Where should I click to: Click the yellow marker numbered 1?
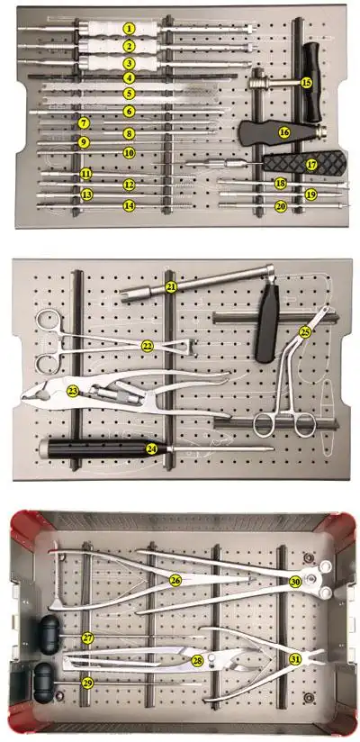(130, 30)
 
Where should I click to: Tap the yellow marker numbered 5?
(130, 94)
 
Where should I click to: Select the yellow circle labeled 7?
(83, 122)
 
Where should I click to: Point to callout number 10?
(130, 153)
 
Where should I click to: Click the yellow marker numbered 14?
(130, 205)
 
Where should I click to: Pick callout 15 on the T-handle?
(306, 82)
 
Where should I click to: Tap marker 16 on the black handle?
(284, 131)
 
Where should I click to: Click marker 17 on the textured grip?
(311, 165)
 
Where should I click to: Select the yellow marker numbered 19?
(310, 194)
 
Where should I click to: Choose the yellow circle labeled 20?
(281, 206)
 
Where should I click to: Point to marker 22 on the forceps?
(147, 346)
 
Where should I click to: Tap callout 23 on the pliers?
(72, 390)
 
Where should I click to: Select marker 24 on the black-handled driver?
(151, 448)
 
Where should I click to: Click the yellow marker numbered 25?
(305, 332)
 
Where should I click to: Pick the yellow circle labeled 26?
(175, 580)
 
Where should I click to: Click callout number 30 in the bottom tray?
(295, 582)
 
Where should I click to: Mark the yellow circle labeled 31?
(295, 659)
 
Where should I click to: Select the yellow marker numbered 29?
(87, 683)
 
